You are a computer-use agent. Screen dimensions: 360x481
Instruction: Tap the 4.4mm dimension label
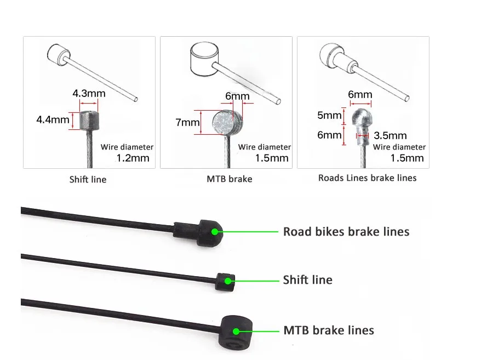pyautogui.click(x=53, y=119)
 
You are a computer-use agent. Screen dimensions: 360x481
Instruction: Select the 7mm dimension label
pyautogui.click(x=187, y=123)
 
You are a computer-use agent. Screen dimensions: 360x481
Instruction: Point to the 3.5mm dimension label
pyautogui.click(x=390, y=135)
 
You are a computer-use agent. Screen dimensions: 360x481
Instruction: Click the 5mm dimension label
pyautogui.click(x=329, y=116)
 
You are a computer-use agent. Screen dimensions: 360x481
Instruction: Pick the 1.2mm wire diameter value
pyautogui.click(x=133, y=158)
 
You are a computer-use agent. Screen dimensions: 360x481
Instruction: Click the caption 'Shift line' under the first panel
pyautogui.click(x=88, y=179)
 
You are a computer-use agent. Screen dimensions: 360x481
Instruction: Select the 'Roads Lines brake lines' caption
pyautogui.click(x=367, y=178)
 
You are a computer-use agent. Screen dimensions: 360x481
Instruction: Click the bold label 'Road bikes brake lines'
pyautogui.click(x=346, y=231)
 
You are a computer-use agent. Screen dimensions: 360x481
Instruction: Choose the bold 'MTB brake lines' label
pyautogui.click(x=328, y=330)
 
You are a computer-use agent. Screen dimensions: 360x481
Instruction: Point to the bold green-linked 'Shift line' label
pyautogui.click(x=307, y=280)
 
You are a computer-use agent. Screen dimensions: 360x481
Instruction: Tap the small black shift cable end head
pyautogui.click(x=226, y=281)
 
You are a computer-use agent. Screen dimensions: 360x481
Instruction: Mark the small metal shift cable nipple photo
pyautogui.click(x=88, y=119)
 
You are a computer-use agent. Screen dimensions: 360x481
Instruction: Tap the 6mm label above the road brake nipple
pyautogui.click(x=360, y=94)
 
